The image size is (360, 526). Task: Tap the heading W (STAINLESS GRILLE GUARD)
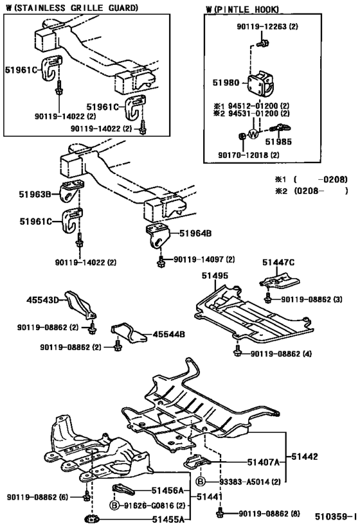pyautogui.click(x=71, y=8)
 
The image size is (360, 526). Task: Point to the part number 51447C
pyautogui.click(x=278, y=261)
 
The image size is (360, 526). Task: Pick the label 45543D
pyautogui.click(x=42, y=299)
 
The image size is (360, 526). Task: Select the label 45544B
pyautogui.click(x=169, y=334)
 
